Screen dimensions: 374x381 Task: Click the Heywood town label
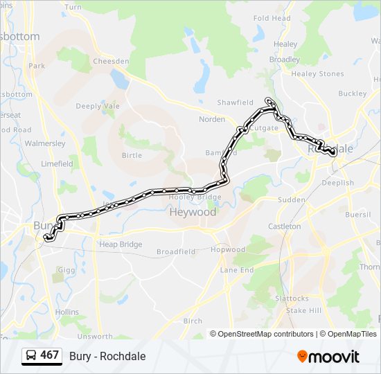click(193, 213)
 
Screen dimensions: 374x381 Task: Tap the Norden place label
click(212, 119)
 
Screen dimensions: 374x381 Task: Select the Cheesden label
click(111, 61)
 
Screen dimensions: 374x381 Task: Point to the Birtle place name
click(132, 155)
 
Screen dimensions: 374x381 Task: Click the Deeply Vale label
click(98, 106)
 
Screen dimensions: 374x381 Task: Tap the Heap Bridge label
click(121, 244)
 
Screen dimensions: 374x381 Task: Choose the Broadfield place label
click(176, 252)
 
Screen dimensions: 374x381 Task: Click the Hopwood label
click(228, 249)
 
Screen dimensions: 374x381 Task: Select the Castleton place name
click(284, 226)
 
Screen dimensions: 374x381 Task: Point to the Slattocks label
click(292, 299)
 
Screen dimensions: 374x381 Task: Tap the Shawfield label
click(235, 103)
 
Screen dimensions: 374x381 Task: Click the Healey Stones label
click(317, 74)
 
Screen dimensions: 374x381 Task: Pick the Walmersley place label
click(45, 143)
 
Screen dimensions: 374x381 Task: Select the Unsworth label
click(95, 337)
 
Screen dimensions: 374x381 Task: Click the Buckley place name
click(353, 93)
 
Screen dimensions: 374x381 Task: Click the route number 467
click(50, 355)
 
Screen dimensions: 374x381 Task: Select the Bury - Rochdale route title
click(107, 356)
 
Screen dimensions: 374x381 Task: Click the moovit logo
click(328, 357)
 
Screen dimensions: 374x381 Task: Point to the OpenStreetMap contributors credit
click(265, 334)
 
